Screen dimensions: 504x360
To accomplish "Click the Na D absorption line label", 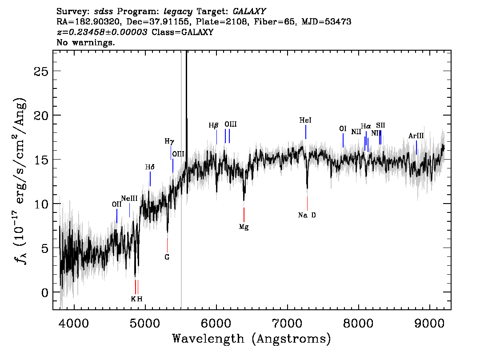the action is (307, 215).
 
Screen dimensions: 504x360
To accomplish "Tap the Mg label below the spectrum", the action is (244, 227).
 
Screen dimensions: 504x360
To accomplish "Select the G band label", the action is (167, 257).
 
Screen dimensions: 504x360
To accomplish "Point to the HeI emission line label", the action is (305, 120).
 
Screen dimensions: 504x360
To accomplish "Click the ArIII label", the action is (416, 136).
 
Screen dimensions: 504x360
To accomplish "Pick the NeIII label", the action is (129, 198).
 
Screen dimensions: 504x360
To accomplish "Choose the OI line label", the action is (343, 128).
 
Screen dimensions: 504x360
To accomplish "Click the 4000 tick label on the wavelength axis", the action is (74, 324).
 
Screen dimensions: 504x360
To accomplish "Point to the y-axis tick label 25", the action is (41, 71).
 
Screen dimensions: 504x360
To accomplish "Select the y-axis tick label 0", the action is (45, 292).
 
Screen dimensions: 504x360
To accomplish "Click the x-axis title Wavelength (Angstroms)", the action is (252, 339).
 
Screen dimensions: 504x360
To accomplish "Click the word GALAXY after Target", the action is (249, 12).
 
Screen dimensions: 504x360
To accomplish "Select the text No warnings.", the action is (85, 42).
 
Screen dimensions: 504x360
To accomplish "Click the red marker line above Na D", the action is (307, 204).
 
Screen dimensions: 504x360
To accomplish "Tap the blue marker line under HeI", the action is (306, 132).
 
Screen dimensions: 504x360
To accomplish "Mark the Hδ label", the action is (150, 167).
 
